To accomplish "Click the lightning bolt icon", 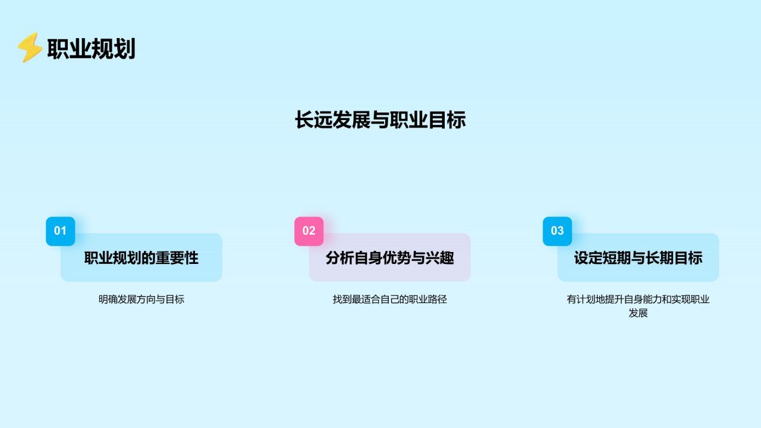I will (29, 48).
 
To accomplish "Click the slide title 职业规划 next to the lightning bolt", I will (91, 49).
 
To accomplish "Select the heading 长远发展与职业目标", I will (380, 120).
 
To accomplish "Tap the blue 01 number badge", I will (61, 231).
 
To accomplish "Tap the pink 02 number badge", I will (309, 231).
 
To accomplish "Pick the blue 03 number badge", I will (557, 231).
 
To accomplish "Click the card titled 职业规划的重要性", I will (141, 258).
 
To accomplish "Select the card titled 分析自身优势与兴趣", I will (389, 258).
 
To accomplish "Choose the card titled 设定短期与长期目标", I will (638, 258).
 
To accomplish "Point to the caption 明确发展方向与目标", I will (141, 300).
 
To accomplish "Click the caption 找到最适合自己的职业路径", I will (389, 300).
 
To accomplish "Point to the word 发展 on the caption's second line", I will (638, 313).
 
